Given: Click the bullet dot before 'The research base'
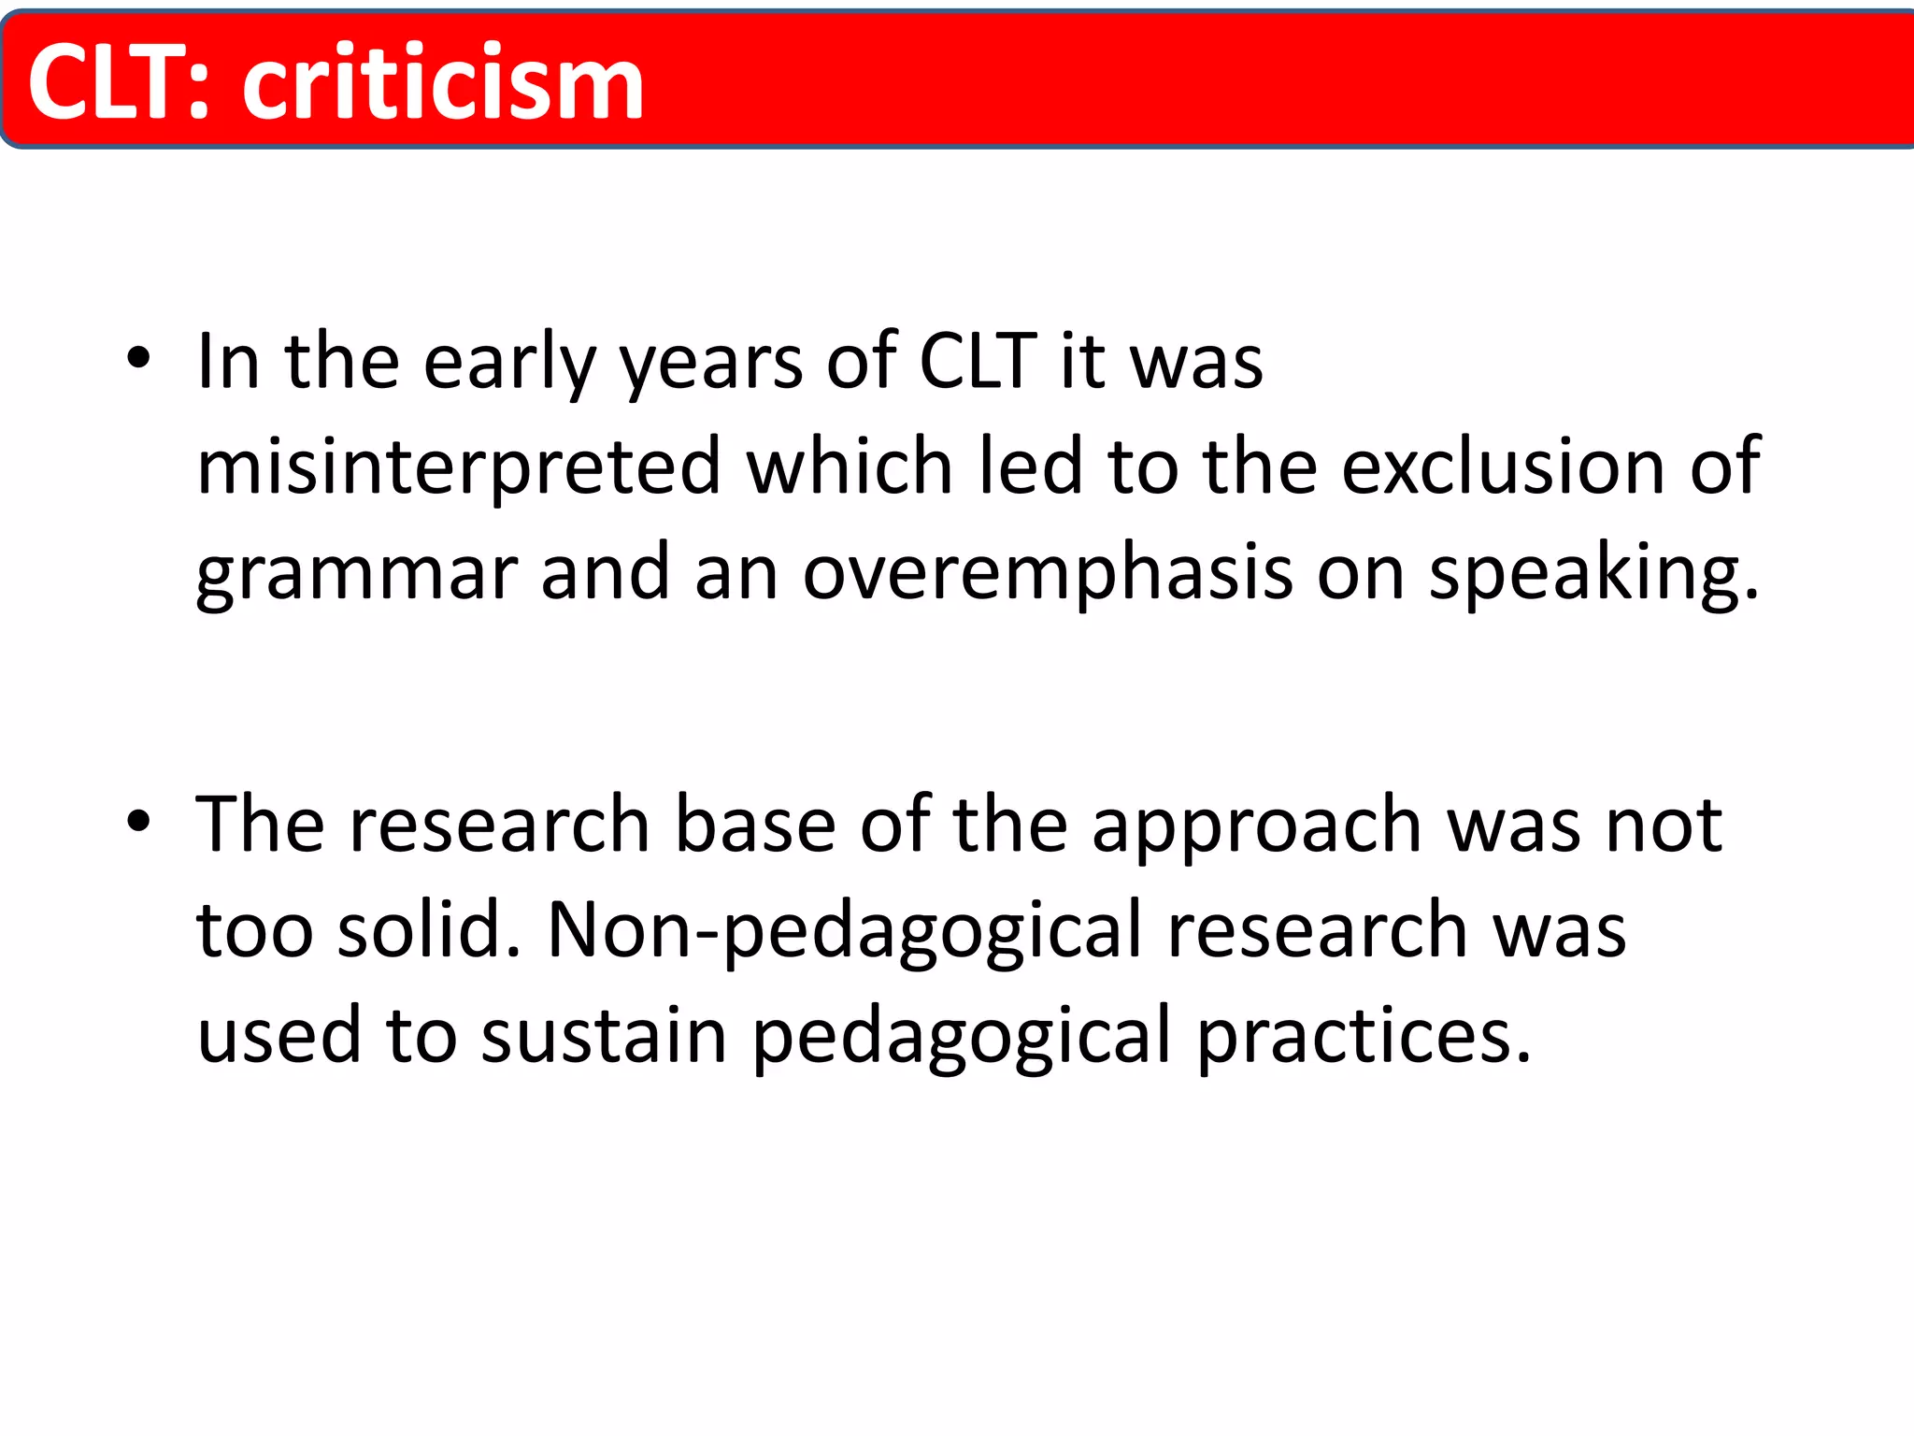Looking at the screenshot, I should pos(138,821).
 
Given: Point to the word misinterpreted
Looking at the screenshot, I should pos(459,467).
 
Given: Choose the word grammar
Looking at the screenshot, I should pos(356,573).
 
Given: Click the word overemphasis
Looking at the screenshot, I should pos(1048,573).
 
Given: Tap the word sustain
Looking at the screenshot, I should pos(604,1036).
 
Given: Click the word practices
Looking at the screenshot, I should pos(1364,1036).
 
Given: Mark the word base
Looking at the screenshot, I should pos(755,825).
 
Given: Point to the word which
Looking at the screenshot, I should pos(849,467).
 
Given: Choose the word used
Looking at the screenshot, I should pos(279,1036).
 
